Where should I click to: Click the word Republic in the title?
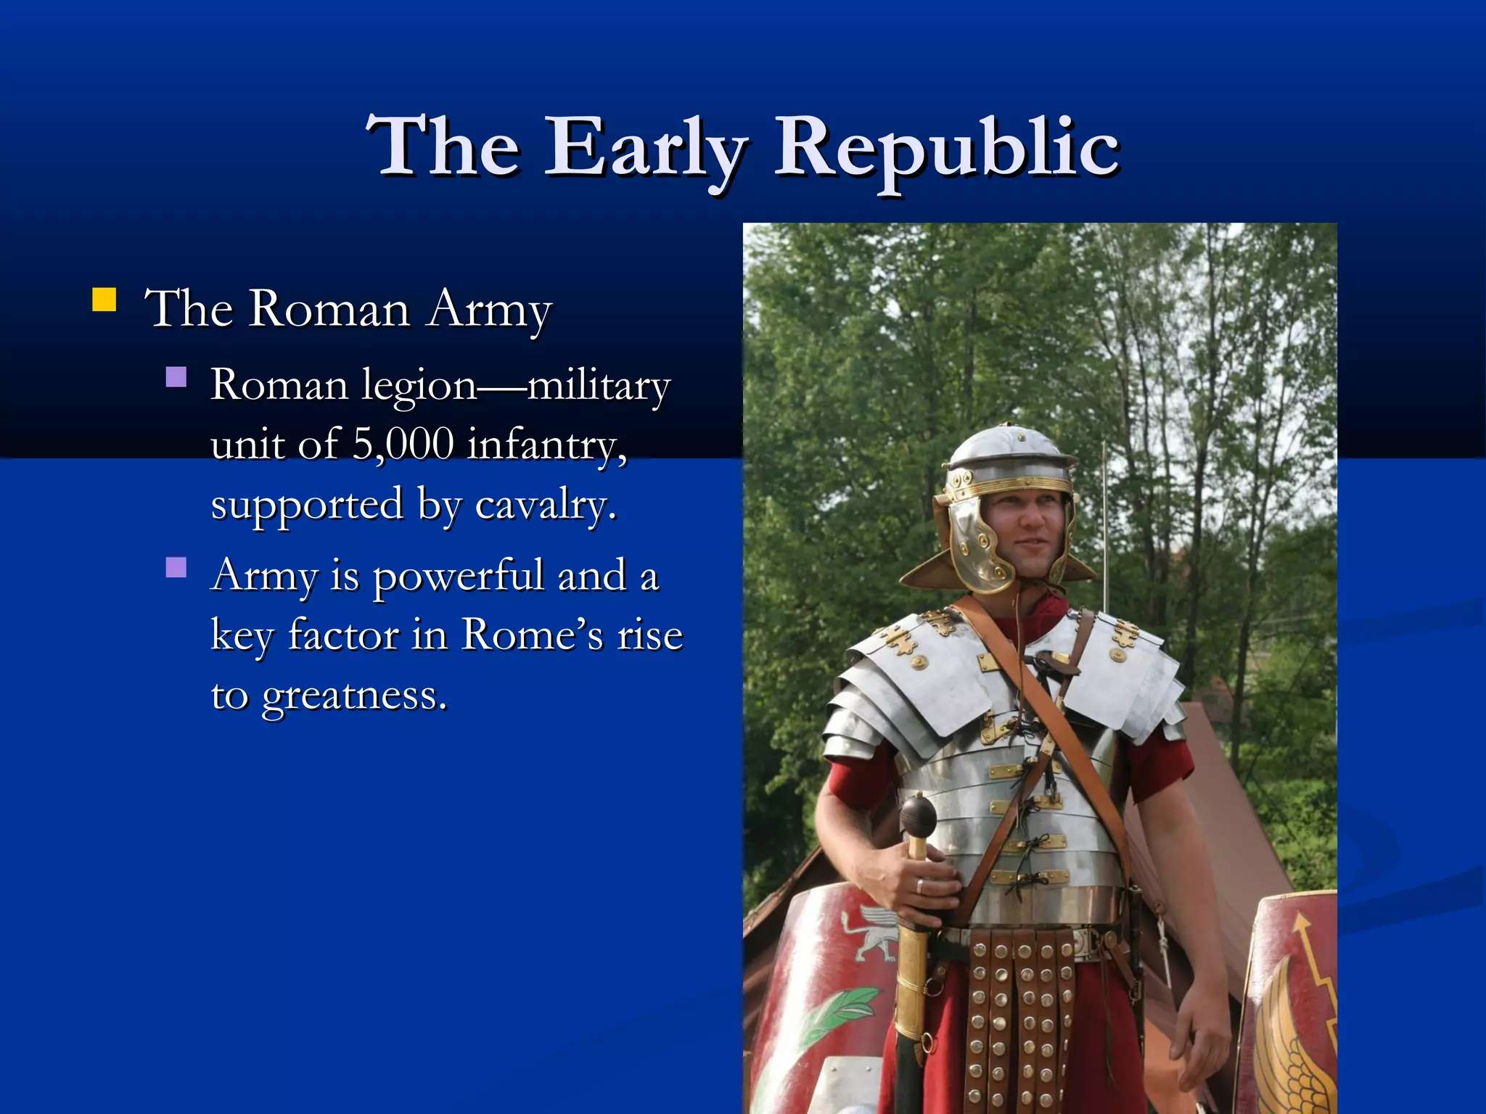point(947,149)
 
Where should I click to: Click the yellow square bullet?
point(104,300)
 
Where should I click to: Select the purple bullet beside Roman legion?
point(176,376)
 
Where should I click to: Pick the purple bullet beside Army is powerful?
point(176,567)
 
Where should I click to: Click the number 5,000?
point(403,444)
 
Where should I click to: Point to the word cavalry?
point(545,504)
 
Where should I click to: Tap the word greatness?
point(354,696)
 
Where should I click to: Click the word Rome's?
point(532,635)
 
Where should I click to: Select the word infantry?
point(546,444)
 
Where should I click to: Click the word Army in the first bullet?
point(490,310)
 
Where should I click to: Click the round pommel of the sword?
point(918,816)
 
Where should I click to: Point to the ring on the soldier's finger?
point(919,886)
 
